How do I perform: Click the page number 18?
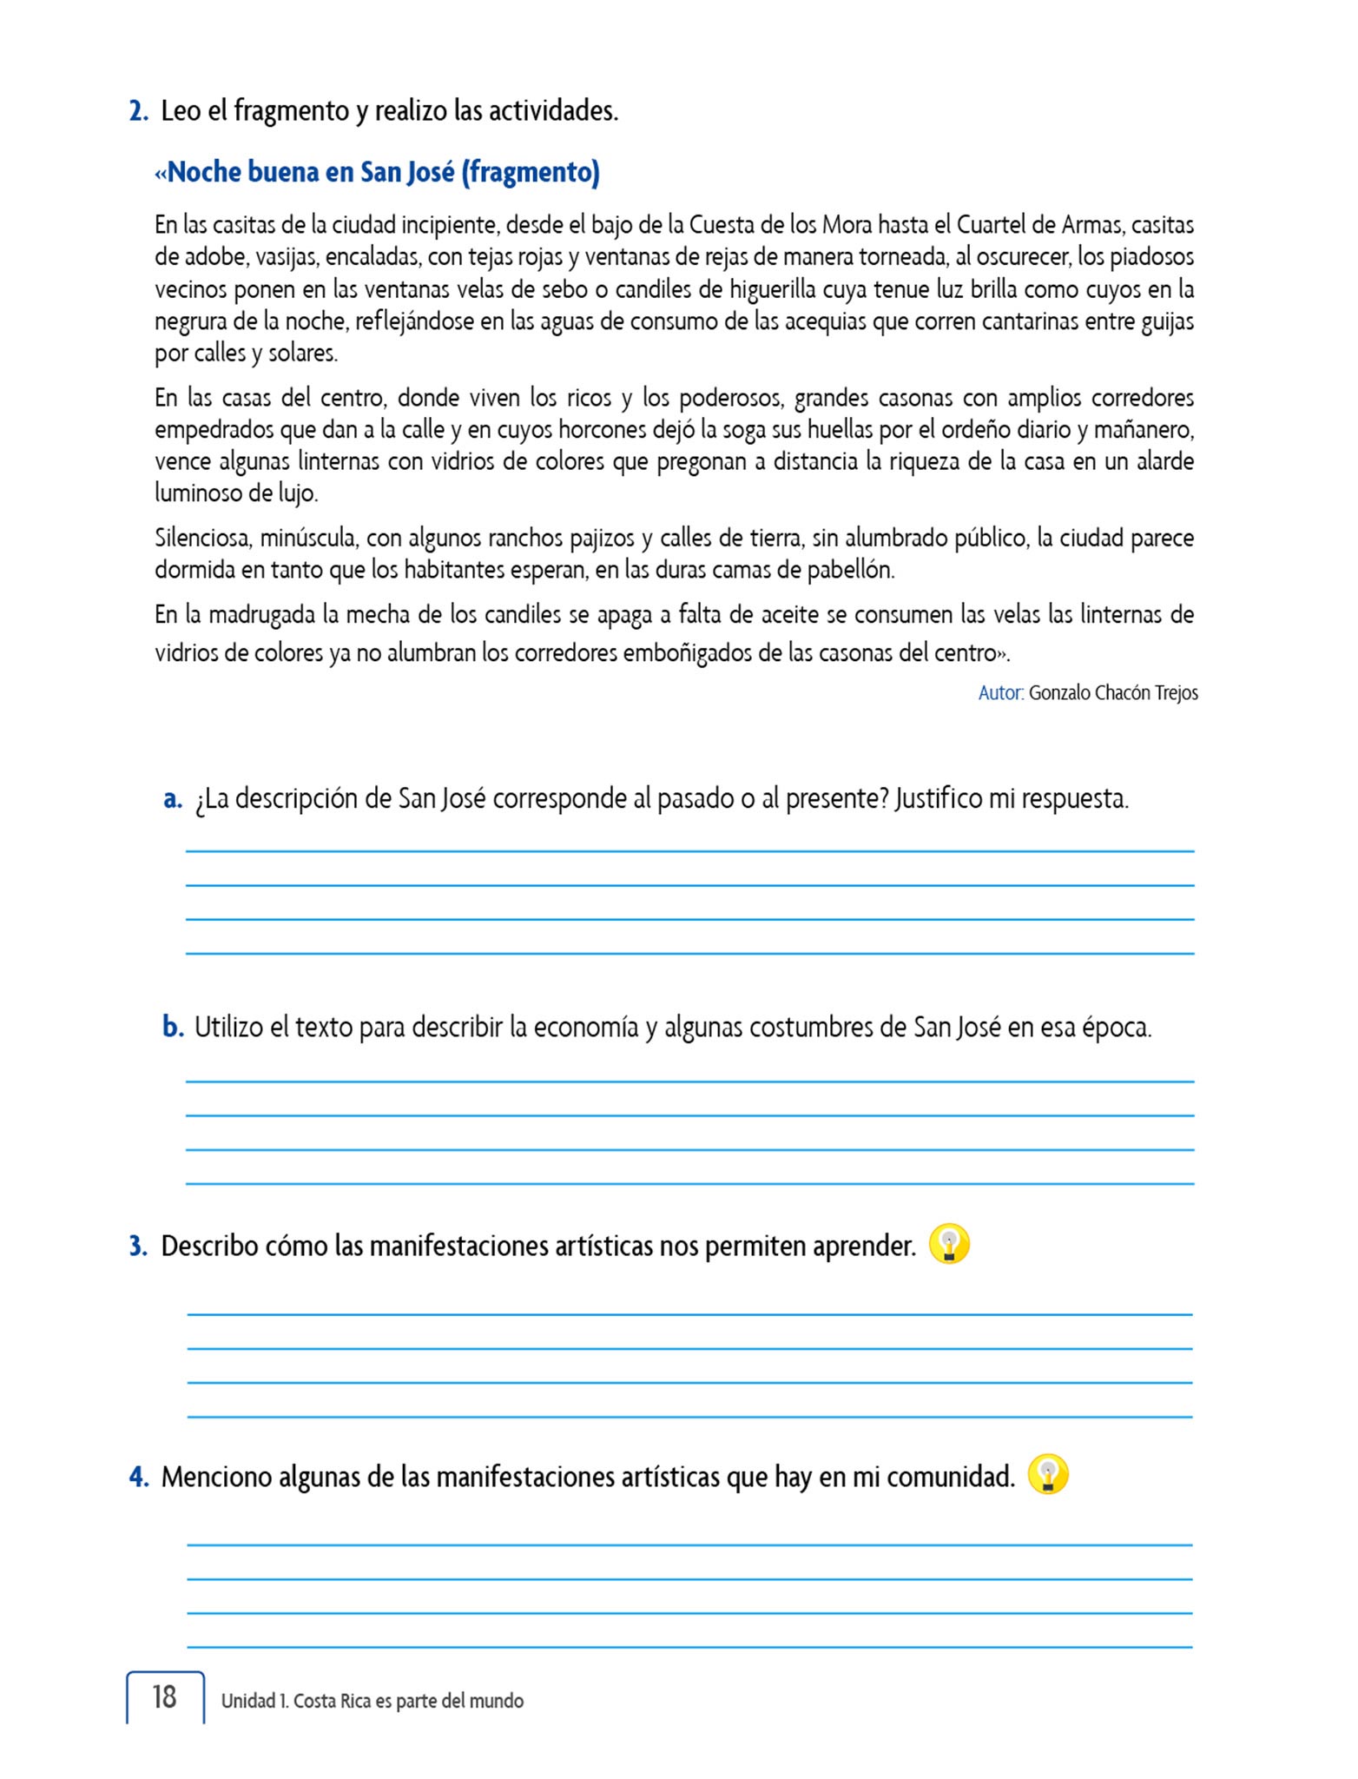point(164,1696)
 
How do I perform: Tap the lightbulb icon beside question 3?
point(949,1245)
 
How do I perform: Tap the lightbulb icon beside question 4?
point(1048,1475)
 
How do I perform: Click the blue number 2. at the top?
point(139,111)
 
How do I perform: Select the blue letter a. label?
point(173,798)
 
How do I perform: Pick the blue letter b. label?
point(173,1027)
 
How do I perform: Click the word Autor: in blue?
point(1001,692)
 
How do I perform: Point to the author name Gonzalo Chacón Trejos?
point(1113,692)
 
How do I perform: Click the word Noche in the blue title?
point(204,172)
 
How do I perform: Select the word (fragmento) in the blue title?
point(530,172)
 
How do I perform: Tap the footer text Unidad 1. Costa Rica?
point(372,1701)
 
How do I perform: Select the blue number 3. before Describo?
point(139,1246)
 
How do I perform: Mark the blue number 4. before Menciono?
point(139,1476)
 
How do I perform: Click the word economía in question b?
point(585,1027)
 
